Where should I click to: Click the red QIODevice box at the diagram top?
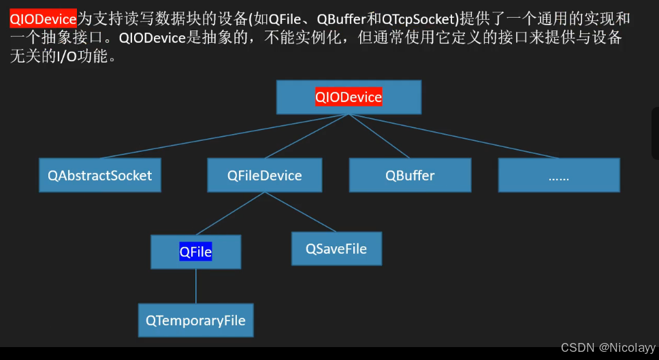tap(349, 97)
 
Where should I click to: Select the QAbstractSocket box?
tap(100, 176)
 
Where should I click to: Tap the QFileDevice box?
tap(265, 176)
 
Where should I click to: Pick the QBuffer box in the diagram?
tap(410, 176)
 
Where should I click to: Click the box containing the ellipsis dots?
tap(559, 176)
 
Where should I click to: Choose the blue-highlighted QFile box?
tap(196, 252)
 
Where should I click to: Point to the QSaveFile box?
tap(336, 249)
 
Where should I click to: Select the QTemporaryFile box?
tap(195, 321)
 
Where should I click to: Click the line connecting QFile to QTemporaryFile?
tap(196, 287)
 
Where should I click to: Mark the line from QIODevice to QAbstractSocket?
tap(225, 136)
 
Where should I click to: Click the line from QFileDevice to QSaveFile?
tap(300, 212)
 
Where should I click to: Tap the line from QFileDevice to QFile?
tap(231, 214)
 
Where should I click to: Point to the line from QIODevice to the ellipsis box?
tap(454, 136)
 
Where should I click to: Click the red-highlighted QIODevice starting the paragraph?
tap(43, 19)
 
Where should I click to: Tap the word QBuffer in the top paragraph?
tap(342, 20)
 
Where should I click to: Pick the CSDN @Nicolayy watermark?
tap(607, 348)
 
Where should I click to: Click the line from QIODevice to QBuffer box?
tap(379, 136)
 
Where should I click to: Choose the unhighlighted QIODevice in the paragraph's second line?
tap(152, 38)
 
